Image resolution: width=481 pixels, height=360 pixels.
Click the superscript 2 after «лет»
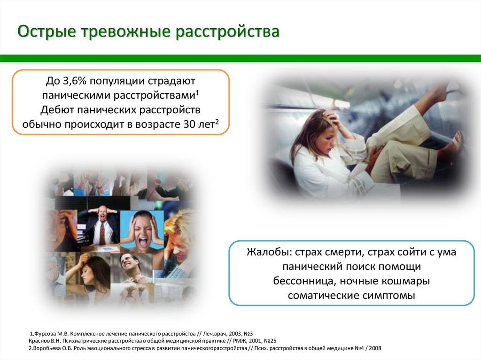pyautogui.click(x=217, y=122)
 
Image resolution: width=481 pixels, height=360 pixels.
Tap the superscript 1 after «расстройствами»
pyautogui.click(x=198, y=92)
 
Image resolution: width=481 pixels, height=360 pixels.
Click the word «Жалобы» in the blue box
pyautogui.click(x=269, y=253)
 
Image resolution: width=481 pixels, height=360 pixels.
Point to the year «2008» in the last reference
pyautogui.click(x=375, y=348)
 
